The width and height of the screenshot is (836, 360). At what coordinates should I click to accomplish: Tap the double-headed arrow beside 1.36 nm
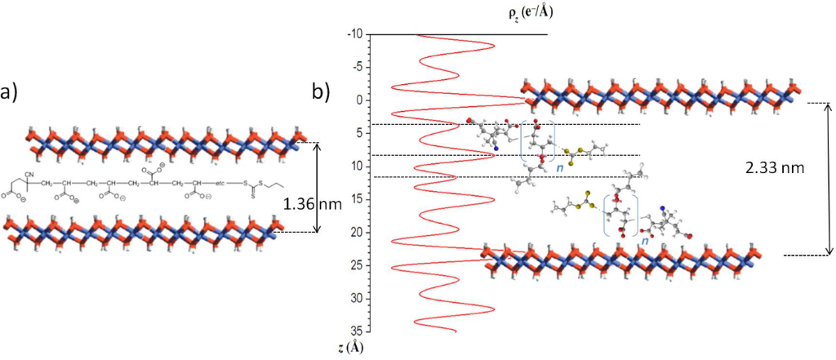(x=319, y=187)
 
